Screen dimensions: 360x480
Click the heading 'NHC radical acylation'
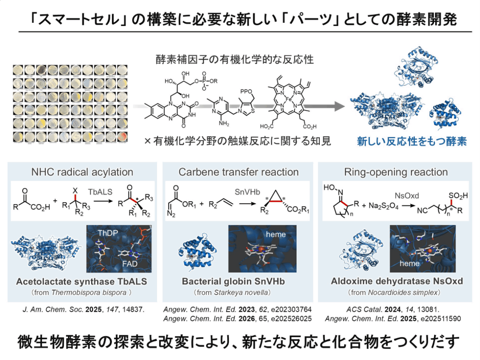tap(82, 172)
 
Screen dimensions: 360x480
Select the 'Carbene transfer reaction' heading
tap(239, 172)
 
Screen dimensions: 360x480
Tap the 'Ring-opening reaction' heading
tap(396, 172)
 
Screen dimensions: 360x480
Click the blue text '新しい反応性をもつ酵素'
tap(412, 142)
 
